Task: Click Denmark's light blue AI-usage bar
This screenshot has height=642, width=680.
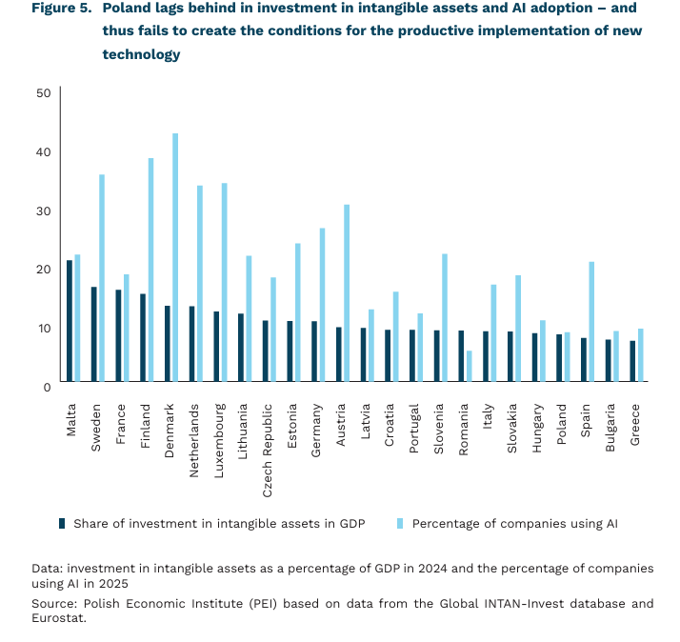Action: [175, 258]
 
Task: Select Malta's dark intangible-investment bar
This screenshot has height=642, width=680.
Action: [70, 321]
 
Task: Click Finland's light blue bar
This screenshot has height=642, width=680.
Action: [150, 271]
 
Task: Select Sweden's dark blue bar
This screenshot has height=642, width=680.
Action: [94, 334]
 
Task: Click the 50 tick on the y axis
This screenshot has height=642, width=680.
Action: [43, 92]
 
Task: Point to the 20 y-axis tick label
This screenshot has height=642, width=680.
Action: [43, 269]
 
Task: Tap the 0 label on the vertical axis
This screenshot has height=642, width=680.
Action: [46, 386]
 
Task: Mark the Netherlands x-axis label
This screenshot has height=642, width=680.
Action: [194, 436]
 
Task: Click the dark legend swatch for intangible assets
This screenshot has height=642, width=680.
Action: [62, 523]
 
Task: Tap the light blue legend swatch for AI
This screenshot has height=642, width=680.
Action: [401, 523]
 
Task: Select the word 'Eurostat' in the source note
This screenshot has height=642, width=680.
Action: [57, 618]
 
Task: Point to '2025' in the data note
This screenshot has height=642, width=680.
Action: [111, 583]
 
